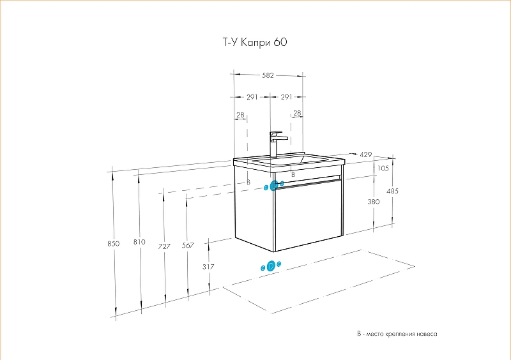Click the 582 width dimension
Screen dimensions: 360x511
tap(268, 75)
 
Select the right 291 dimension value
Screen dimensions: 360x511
tap(286, 97)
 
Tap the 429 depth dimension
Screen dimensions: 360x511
tap(366, 155)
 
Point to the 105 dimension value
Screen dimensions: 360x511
tap(383, 169)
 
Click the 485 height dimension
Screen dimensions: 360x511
tap(393, 191)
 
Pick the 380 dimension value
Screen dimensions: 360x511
tap(374, 202)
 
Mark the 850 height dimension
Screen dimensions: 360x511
tap(114, 243)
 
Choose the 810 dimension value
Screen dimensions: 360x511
tap(139, 242)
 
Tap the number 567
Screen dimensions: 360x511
tap(188, 246)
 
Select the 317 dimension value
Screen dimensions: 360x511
tap(208, 267)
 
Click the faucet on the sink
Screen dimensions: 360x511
tap(277, 144)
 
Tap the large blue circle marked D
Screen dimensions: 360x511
tap(271, 266)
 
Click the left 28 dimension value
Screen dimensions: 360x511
tap(240, 116)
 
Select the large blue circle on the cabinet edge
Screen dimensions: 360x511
tap(274, 186)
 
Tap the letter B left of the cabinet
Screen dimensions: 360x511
tap(248, 183)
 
